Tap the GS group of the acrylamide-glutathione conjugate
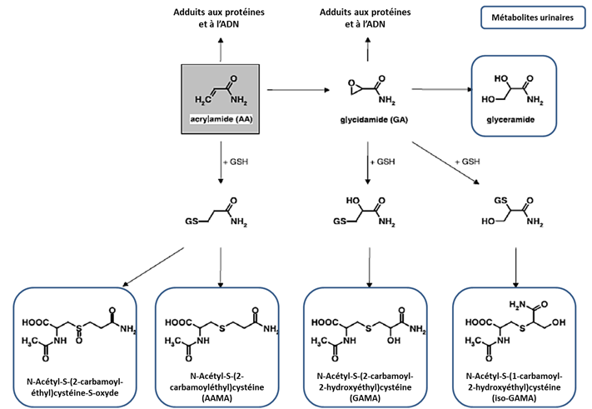pyautogui.click(x=191, y=222)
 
